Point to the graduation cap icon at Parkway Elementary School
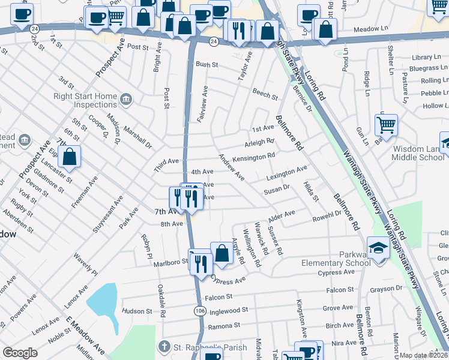click(x=378, y=248)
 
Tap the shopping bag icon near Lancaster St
click(x=70, y=157)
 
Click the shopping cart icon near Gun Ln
click(x=387, y=125)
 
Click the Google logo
click(x=20, y=353)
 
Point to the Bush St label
click(x=206, y=64)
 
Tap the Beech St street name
click(x=265, y=94)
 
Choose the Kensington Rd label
click(x=253, y=156)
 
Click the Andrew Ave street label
click(x=231, y=167)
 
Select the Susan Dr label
click(x=277, y=188)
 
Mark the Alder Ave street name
click(x=282, y=214)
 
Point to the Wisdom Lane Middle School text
click(x=419, y=153)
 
